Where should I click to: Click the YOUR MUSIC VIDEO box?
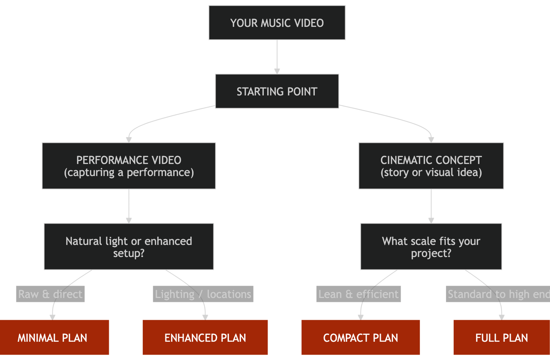(x=277, y=23)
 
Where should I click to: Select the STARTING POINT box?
(x=277, y=92)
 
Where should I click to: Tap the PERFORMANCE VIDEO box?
(x=129, y=166)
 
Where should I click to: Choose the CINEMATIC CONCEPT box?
(x=431, y=166)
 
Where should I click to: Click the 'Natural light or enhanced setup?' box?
(x=129, y=247)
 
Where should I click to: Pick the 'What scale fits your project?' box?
(x=431, y=247)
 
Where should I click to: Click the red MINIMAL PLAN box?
(x=53, y=338)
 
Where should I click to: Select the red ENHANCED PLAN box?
(x=205, y=338)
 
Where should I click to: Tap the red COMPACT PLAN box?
(x=361, y=338)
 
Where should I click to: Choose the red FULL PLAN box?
(x=501, y=338)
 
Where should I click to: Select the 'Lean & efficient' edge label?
(x=358, y=294)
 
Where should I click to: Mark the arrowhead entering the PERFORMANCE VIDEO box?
(x=129, y=140)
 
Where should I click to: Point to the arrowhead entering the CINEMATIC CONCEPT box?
(x=431, y=140)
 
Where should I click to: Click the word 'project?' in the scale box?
(x=431, y=253)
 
